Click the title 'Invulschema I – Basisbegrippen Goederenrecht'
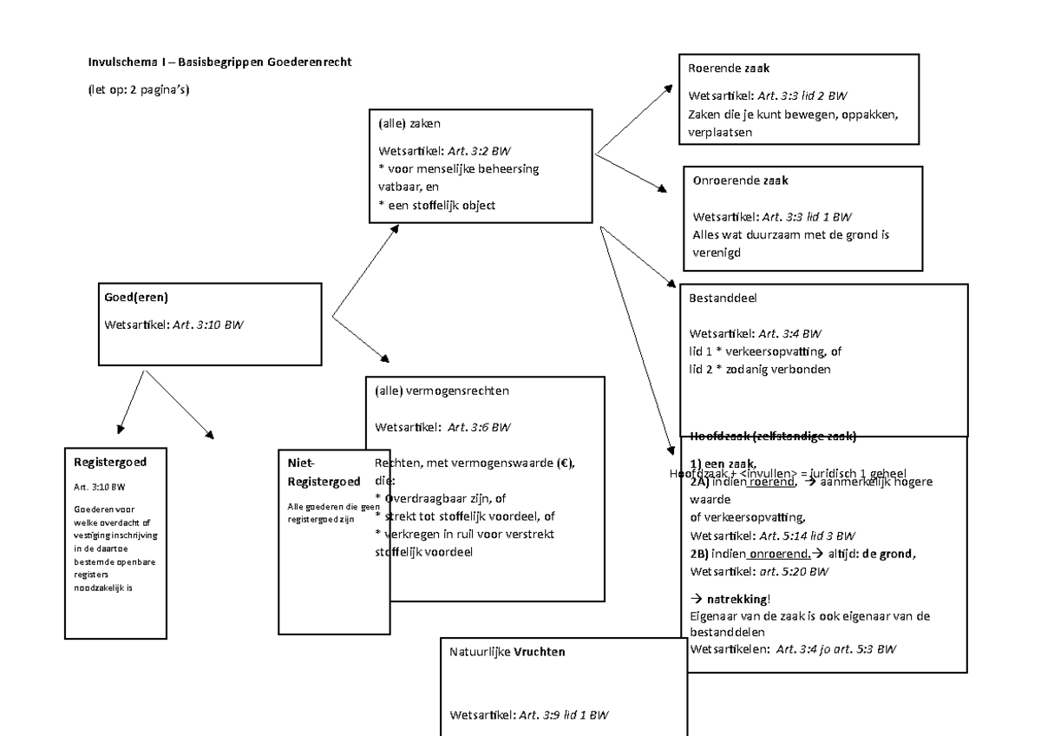tap(220, 62)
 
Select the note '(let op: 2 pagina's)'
tap(139, 91)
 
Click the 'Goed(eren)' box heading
tap(136, 298)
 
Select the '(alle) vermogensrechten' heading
tap(442, 391)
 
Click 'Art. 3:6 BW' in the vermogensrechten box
tap(478, 427)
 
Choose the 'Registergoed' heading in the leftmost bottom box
tap(109, 463)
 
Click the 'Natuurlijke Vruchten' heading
tap(507, 651)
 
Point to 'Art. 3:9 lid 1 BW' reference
tap(563, 715)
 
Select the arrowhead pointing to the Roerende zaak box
tap(668, 89)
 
